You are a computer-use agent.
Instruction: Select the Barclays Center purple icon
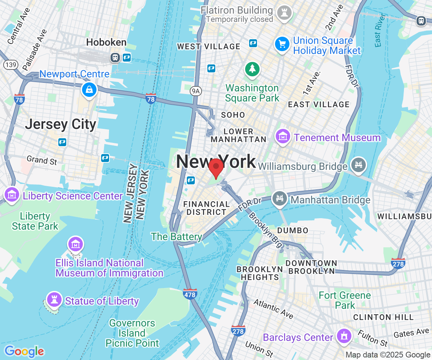pyautogui.click(x=343, y=336)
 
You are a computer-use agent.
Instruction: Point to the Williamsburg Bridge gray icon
pyautogui.click(x=359, y=165)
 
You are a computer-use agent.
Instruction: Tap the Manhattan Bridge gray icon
pyautogui.click(x=280, y=198)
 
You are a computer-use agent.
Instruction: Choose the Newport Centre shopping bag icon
pyautogui.click(x=89, y=89)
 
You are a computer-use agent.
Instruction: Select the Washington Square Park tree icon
pyautogui.click(x=252, y=69)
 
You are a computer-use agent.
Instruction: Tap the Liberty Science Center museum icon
pyautogui.click(x=12, y=195)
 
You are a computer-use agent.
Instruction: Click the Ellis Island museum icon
pyautogui.click(x=76, y=245)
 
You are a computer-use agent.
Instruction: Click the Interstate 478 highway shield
pyautogui.click(x=190, y=294)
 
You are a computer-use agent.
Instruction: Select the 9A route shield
pyautogui.click(x=195, y=91)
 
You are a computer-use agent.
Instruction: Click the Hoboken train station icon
pyautogui.click(x=115, y=58)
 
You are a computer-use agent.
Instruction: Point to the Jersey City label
pyautogui.click(x=60, y=125)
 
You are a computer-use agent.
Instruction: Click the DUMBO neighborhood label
pyautogui.click(x=293, y=230)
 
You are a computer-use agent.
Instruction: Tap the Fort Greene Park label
pyautogui.click(x=345, y=300)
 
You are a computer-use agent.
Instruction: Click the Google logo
pyautogui.click(x=24, y=351)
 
